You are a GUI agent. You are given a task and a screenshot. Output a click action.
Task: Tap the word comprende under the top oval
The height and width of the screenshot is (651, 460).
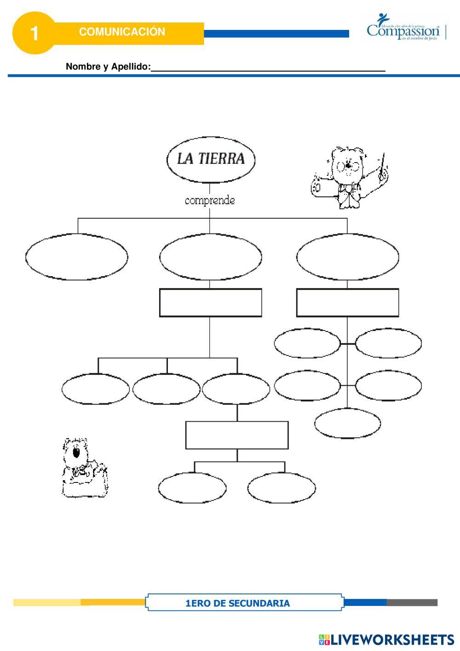tap(210, 201)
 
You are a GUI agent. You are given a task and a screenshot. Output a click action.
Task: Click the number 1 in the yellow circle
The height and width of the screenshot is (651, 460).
tap(34, 33)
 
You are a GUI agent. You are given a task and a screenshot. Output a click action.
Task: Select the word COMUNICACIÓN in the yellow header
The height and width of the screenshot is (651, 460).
tap(122, 32)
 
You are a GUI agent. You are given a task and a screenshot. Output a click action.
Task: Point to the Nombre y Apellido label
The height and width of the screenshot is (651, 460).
tap(108, 67)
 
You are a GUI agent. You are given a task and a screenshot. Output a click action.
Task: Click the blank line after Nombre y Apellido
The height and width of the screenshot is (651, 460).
tap(268, 67)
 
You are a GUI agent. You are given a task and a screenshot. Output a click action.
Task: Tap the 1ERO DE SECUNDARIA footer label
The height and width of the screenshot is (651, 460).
tap(237, 603)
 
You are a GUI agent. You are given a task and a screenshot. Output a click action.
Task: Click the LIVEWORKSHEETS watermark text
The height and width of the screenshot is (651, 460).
tap(392, 639)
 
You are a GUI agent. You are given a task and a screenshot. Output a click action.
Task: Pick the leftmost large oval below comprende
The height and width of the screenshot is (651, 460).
tap(77, 257)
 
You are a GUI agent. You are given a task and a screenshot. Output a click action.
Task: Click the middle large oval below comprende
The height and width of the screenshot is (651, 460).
tap(211, 257)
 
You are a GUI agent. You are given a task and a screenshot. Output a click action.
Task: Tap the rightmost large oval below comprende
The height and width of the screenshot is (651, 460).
tap(347, 257)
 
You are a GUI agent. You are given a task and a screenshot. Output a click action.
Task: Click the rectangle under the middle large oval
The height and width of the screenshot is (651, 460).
tap(211, 302)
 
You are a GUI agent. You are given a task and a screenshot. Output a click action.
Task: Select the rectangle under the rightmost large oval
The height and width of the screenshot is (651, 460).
tap(347, 302)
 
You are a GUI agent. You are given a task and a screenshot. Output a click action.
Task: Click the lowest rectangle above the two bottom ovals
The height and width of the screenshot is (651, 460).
tap(237, 435)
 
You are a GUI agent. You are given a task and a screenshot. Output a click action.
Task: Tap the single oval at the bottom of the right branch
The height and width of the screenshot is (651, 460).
tap(347, 424)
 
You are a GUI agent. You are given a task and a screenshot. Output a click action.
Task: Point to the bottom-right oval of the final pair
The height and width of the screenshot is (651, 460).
tap(282, 488)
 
